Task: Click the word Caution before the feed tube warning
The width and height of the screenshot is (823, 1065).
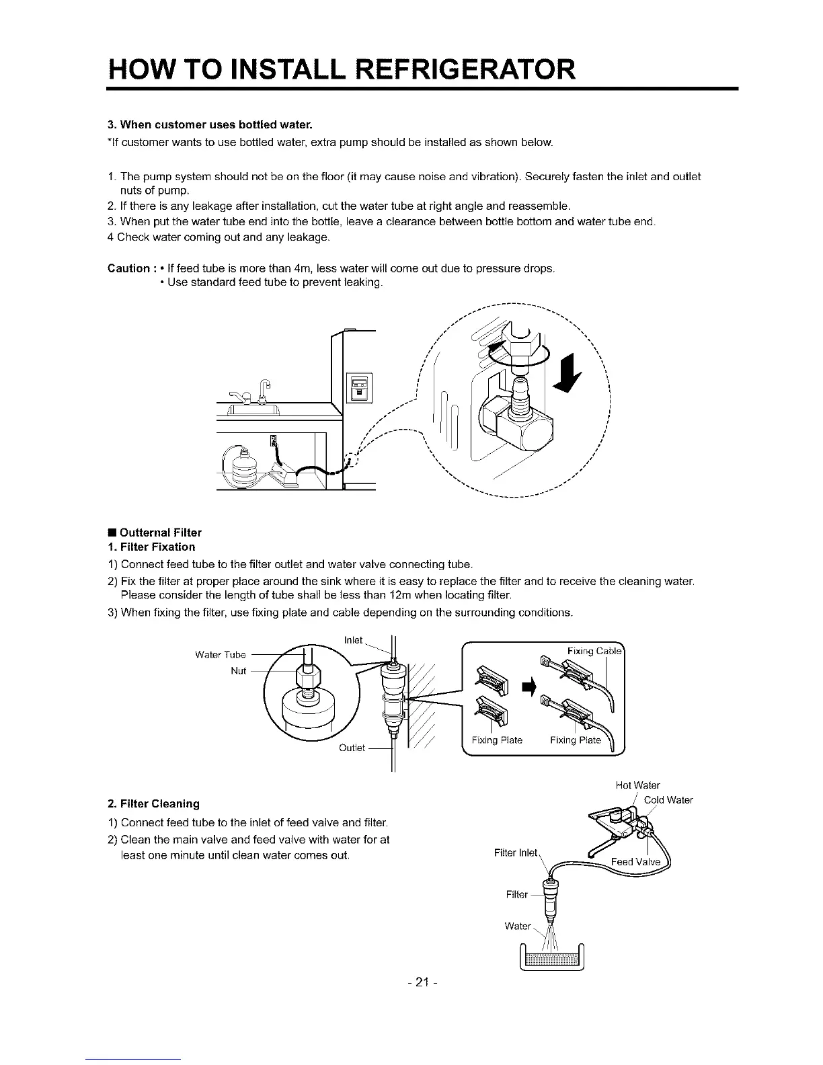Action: pyautogui.click(x=129, y=269)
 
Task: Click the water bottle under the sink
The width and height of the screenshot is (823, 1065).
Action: pyautogui.click(x=241, y=467)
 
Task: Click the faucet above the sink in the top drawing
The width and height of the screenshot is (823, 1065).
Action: pyautogui.click(x=264, y=389)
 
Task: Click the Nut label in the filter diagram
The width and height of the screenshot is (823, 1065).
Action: pyautogui.click(x=239, y=670)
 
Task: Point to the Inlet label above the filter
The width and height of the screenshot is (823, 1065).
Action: pyautogui.click(x=353, y=639)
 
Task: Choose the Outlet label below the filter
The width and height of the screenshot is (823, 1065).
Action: pyautogui.click(x=352, y=748)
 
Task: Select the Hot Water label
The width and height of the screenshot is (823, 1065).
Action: pyautogui.click(x=637, y=785)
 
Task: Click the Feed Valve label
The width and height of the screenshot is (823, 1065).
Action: pyautogui.click(x=635, y=863)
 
